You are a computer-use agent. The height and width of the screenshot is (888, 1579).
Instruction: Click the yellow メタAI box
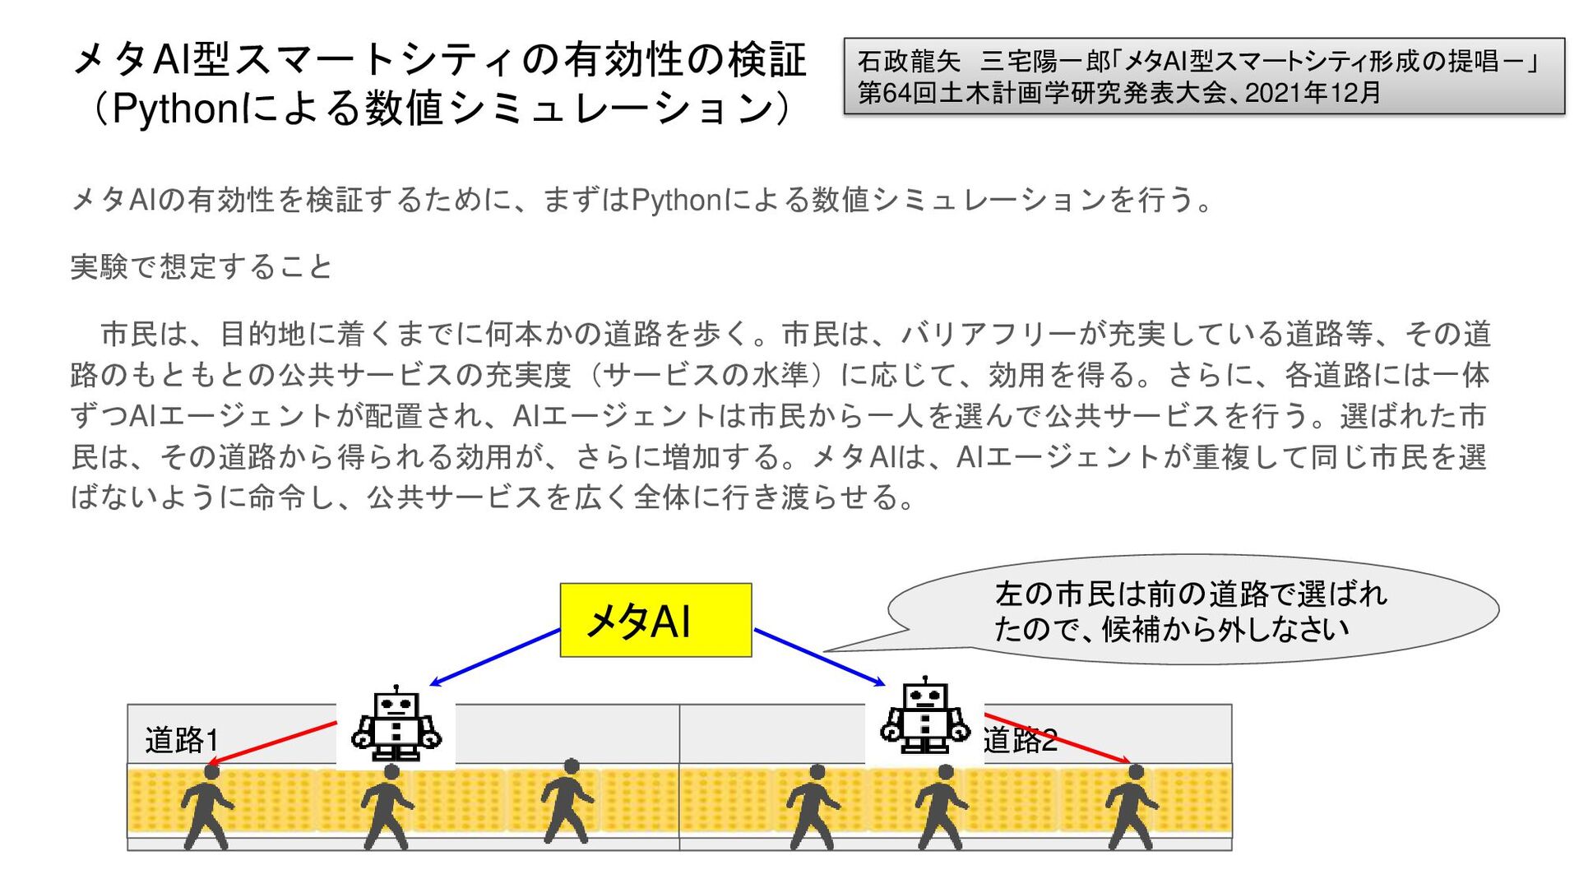[655, 620]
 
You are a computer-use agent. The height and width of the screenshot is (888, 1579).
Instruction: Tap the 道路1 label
[182, 740]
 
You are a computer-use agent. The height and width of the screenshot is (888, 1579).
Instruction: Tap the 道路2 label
[1020, 740]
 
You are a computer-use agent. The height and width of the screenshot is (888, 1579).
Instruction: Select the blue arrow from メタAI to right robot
[819, 657]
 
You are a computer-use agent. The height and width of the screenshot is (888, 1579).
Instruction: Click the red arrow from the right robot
[1057, 738]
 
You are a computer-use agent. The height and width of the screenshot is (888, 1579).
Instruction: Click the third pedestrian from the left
[567, 801]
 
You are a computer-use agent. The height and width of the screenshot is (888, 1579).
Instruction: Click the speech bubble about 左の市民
[1192, 610]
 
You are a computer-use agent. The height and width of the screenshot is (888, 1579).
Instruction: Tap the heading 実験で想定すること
[201, 267]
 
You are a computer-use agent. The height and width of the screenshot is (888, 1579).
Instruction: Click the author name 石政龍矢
[909, 62]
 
